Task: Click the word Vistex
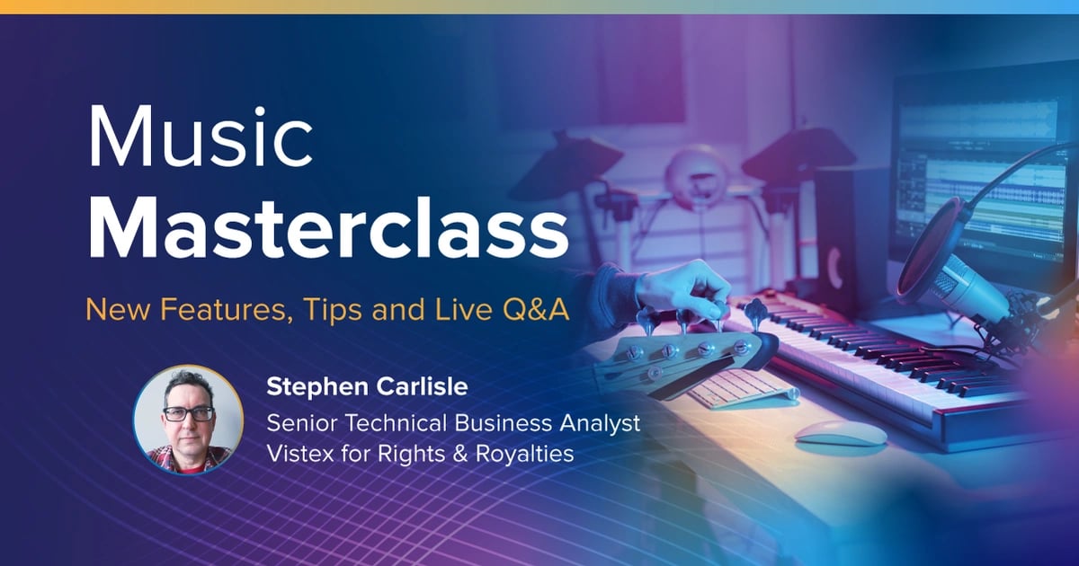(300, 454)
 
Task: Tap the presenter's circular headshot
(188, 419)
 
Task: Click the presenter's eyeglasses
(189, 414)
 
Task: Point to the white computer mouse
(840, 432)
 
